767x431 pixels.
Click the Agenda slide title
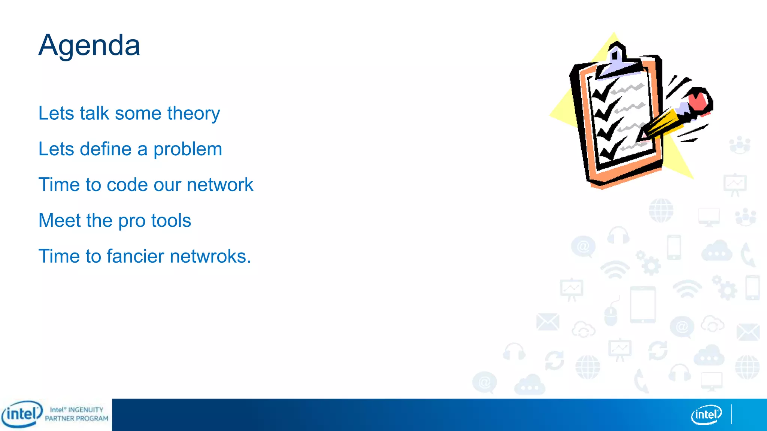(89, 45)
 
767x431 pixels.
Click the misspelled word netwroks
(210, 256)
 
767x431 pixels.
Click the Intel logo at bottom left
(21, 414)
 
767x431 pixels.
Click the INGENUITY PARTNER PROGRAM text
(77, 414)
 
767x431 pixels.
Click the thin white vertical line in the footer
(731, 414)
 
